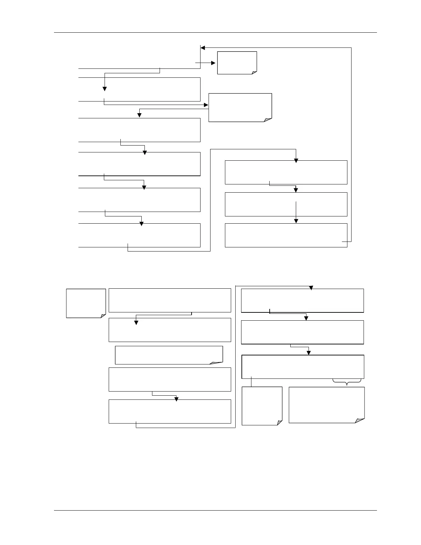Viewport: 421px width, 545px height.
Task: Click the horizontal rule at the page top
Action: coord(215,33)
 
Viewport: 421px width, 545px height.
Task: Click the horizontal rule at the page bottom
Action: coord(215,510)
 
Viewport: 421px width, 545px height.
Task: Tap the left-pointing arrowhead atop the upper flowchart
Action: coord(203,48)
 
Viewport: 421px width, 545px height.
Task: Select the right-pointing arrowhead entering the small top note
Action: coord(213,63)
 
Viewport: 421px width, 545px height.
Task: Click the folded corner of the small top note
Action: coord(254,72)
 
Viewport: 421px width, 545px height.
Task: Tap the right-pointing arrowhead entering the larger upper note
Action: coord(206,105)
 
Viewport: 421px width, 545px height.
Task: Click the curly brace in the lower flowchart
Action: coord(347,381)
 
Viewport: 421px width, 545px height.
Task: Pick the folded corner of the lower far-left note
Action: coord(103,316)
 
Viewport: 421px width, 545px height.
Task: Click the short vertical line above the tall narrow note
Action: coord(252,382)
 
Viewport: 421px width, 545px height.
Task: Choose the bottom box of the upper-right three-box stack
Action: coord(286,235)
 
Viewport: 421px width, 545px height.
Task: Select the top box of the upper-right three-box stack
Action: coord(286,172)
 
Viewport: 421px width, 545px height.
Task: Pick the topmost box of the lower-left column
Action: coord(170,300)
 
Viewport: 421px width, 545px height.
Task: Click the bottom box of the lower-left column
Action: coord(170,411)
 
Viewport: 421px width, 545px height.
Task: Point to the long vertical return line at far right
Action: coord(351,145)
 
